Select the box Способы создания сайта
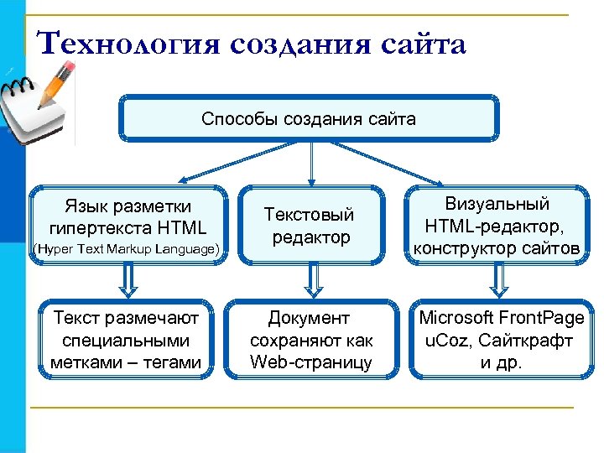pos(308,118)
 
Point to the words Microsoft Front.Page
pos(501,319)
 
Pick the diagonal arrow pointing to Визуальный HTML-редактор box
pos(394,162)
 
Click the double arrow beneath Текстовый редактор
pos(311,282)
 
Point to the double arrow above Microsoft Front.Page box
pos(499,282)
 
